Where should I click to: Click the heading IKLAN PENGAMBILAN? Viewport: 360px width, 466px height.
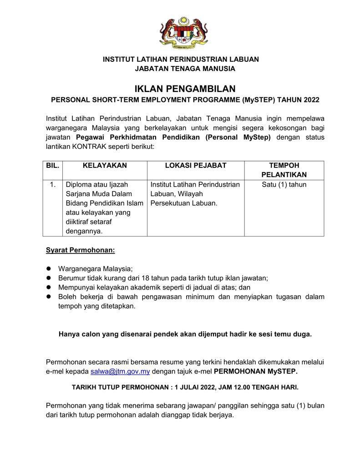185,88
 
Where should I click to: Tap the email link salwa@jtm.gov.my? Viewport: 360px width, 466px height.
120,371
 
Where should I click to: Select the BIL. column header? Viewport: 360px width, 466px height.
52,166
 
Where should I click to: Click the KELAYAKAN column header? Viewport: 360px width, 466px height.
105,166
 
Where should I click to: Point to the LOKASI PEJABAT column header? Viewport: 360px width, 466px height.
195,166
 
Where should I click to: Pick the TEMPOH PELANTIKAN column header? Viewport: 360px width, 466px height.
284,170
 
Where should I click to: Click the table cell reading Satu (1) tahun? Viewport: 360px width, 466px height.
284,185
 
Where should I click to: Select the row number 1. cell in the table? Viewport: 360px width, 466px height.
53,185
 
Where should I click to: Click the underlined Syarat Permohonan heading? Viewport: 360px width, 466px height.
81,250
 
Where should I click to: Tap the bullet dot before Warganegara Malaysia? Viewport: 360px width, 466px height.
49,269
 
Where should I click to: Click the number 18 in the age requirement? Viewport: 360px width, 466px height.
150,278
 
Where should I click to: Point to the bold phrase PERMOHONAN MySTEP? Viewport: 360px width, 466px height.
255,371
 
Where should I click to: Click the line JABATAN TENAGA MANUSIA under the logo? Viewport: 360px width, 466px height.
185,69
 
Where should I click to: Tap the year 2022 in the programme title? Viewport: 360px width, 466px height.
310,100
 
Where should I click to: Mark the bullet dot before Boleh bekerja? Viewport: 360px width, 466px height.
49,297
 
